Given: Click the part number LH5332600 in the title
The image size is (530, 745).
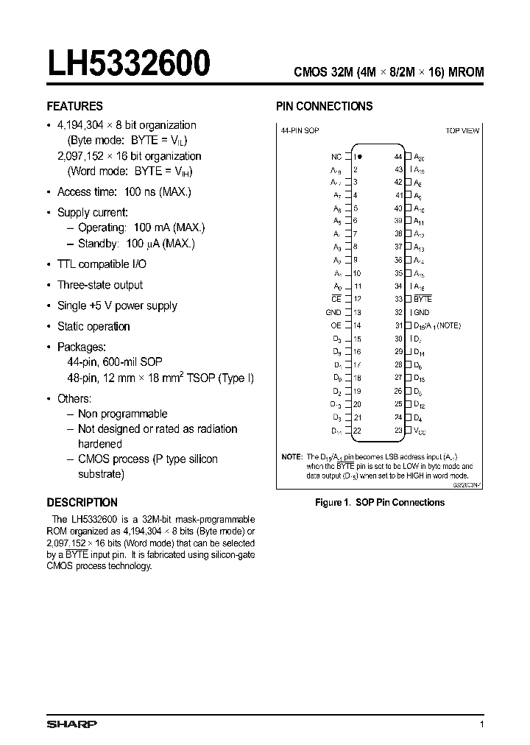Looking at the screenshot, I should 129,64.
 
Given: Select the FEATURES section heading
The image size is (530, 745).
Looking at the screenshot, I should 75,106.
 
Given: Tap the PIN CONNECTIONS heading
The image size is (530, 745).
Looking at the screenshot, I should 324,106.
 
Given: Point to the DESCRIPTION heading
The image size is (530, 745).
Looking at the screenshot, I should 82,502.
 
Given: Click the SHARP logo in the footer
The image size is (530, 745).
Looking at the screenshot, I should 71,724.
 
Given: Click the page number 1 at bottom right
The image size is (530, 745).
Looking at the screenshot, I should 481,725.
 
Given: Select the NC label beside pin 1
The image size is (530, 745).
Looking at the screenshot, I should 336,157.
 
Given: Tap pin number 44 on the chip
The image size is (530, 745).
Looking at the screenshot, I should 398,157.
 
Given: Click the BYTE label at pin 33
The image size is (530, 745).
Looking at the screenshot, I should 423,299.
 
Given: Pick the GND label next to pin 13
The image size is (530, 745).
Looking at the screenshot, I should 333,312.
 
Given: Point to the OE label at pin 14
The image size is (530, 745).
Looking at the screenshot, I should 336,325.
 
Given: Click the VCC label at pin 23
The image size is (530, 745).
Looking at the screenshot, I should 420,431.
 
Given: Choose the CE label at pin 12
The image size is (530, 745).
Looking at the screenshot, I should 336,299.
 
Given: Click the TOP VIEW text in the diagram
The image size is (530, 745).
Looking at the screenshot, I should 462,130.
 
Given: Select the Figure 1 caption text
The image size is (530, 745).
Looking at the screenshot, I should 379,502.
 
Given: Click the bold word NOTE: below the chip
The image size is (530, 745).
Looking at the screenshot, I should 292,457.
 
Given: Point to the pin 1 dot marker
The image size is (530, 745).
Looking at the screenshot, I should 361,157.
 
